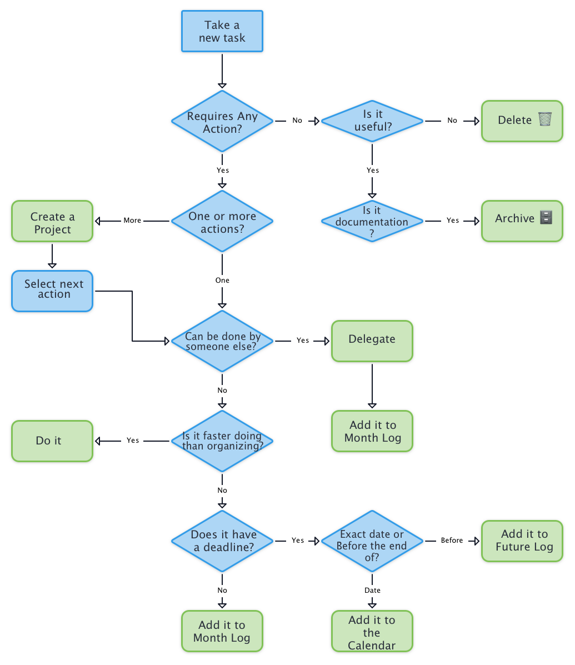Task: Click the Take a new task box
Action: [222, 32]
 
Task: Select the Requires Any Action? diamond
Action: [222, 121]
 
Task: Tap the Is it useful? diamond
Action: [372, 121]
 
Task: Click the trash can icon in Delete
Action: [545, 119]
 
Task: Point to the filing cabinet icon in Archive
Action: [546, 218]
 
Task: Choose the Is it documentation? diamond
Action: [372, 221]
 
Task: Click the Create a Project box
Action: [52, 222]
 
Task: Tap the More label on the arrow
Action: [132, 221]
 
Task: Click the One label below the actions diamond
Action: [222, 281]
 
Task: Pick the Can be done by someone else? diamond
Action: [222, 341]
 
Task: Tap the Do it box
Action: [52, 441]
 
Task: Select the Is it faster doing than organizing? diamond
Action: [222, 441]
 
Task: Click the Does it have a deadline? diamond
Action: [222, 541]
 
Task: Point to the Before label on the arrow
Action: [452, 541]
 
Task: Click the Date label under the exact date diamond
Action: [372, 590]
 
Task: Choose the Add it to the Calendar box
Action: [372, 632]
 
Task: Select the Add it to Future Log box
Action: [522, 541]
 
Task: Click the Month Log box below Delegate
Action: [372, 431]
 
